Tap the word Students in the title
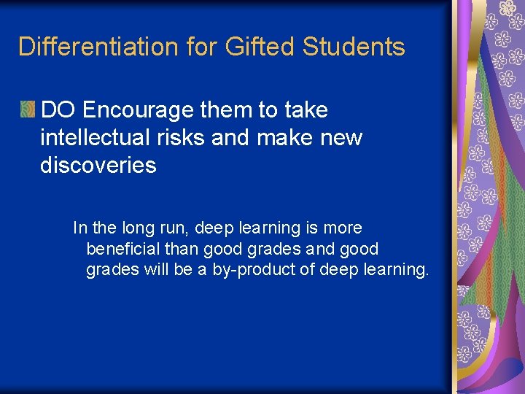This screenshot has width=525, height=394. [353, 47]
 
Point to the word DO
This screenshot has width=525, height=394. [58, 110]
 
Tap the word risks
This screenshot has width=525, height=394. [182, 138]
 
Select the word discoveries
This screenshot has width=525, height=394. [98, 166]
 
